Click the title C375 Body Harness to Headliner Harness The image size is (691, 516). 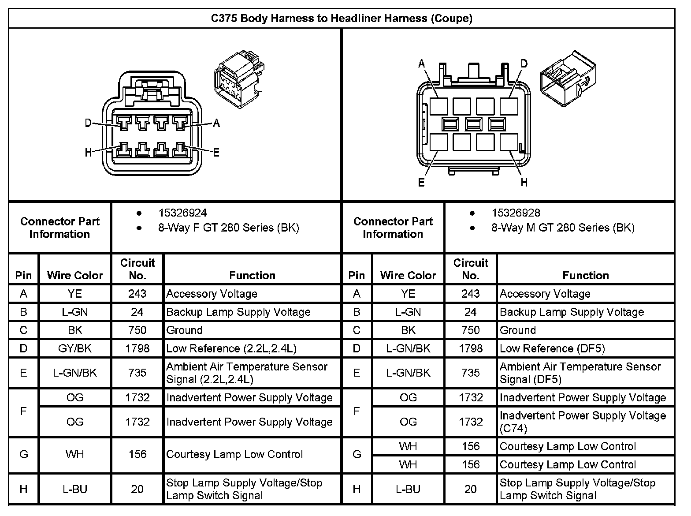point(342,19)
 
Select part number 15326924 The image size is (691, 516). point(182,213)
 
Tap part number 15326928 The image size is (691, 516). point(516,213)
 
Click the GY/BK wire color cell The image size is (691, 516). point(75,348)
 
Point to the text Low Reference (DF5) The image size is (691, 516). point(552,348)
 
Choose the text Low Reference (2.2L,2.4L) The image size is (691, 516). point(231,348)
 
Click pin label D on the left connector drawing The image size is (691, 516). point(88,123)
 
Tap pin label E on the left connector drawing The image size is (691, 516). point(216,153)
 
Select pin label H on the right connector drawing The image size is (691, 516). point(524,182)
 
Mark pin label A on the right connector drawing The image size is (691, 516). point(422,64)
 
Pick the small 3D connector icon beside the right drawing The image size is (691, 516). point(568,78)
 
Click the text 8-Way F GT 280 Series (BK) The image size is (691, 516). point(228,228)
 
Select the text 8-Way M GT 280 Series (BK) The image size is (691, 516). point(563,228)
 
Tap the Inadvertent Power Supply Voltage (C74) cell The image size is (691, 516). point(582,422)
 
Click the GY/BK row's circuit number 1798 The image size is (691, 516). point(137,348)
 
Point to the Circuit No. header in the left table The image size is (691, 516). point(137,269)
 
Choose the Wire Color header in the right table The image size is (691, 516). point(408,276)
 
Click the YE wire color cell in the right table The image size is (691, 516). point(408,294)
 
